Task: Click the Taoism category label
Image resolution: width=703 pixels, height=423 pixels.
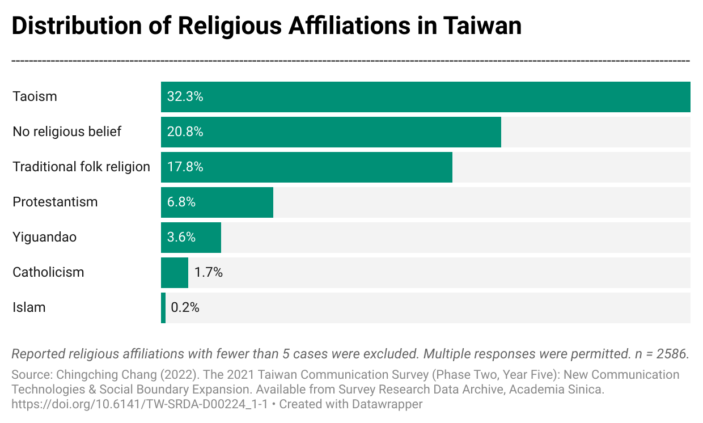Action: [x=35, y=96]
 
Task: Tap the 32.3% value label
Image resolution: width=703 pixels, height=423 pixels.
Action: [x=185, y=96]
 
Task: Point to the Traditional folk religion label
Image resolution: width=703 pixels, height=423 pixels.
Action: [x=81, y=167]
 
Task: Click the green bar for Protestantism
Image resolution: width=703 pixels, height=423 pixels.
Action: [x=238, y=202]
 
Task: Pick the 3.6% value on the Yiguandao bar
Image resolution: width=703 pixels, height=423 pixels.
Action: [x=181, y=237]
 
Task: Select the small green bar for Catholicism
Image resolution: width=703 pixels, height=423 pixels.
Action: [x=174, y=272]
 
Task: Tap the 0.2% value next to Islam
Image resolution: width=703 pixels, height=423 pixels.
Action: [x=185, y=307]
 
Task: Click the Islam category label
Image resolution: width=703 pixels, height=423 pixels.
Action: [x=29, y=307]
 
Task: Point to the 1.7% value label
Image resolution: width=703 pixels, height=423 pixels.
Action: [x=208, y=272]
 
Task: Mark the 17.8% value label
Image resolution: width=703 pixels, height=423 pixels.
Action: [x=185, y=167]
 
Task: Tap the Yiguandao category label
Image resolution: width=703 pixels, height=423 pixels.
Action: [x=44, y=237]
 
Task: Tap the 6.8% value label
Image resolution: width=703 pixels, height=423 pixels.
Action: [x=181, y=202]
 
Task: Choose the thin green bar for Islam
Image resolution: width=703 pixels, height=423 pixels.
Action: [x=163, y=307]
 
